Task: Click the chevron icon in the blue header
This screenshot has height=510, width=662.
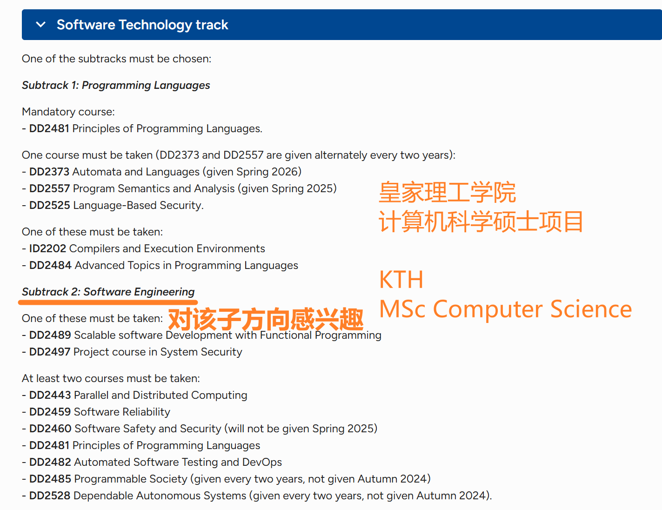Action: tap(41, 25)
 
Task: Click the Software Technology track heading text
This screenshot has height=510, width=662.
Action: tap(142, 25)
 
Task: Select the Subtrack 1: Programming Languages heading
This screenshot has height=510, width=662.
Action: tap(116, 85)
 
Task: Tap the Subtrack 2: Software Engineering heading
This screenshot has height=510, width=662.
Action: tap(108, 292)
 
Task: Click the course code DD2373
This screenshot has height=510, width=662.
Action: tap(49, 172)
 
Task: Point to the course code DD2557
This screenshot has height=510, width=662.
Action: tap(49, 188)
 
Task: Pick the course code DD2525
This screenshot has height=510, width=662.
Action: tap(49, 205)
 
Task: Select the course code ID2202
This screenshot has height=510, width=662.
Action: tap(47, 248)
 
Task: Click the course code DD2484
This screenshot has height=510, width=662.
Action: tap(50, 265)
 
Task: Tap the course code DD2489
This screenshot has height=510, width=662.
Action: tap(50, 335)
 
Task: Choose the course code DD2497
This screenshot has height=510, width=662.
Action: tap(49, 352)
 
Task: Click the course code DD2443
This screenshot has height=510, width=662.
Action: tap(50, 395)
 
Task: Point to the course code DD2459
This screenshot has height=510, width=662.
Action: tap(50, 412)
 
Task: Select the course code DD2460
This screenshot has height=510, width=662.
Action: tap(50, 429)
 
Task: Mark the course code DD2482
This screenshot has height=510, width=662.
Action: tap(50, 462)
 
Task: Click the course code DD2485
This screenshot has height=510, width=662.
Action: tap(50, 479)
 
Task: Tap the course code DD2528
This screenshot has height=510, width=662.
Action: tap(49, 496)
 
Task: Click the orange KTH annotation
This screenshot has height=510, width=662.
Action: tap(401, 280)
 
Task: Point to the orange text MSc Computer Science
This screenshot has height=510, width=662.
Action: tap(505, 309)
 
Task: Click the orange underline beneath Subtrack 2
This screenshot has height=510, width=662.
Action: tap(108, 302)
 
